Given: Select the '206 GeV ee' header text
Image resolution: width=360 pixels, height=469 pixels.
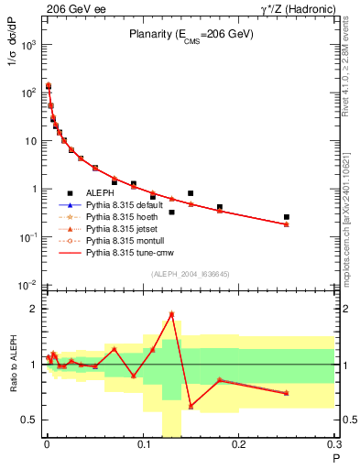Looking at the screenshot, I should [x=69, y=7].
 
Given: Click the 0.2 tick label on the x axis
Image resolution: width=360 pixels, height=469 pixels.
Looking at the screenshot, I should [x=238, y=447].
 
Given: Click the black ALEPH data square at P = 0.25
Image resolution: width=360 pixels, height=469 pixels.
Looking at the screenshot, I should [x=287, y=217].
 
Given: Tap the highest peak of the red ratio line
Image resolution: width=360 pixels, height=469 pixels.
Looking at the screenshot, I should [x=171, y=314].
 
